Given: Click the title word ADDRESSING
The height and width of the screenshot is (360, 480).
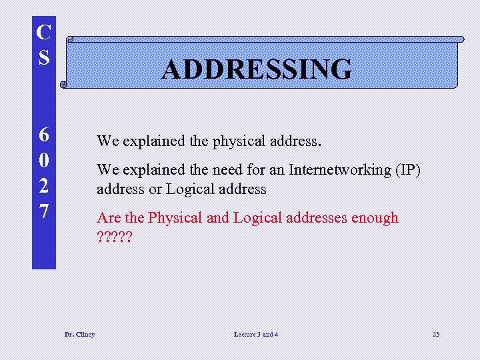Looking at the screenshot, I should [x=257, y=69].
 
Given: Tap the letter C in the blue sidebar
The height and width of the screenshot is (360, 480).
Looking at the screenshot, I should [x=44, y=33].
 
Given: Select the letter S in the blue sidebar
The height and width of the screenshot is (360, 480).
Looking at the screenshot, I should [x=44, y=57].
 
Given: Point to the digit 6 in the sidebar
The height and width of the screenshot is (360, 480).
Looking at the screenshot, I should [x=44, y=135].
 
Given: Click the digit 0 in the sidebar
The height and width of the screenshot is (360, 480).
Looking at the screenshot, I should [x=44, y=161].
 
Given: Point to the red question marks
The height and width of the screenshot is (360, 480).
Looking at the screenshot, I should [x=114, y=237].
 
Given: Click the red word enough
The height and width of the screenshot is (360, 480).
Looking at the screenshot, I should [x=375, y=218].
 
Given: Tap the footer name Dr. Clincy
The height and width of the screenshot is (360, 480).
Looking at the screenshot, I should [x=79, y=334].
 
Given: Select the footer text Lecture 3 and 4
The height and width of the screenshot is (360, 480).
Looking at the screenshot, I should [x=256, y=334].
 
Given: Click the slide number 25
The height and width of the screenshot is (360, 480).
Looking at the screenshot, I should [x=435, y=334].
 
